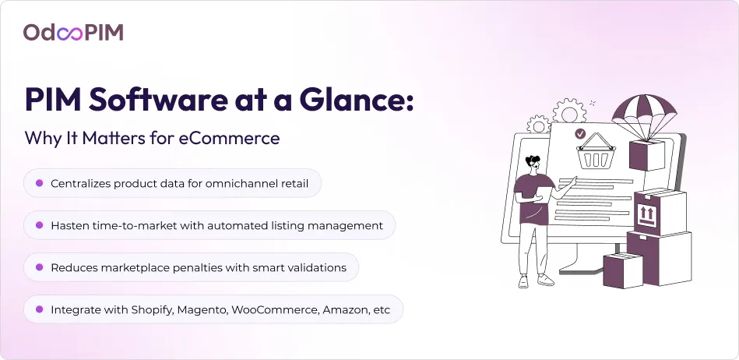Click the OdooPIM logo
coord(73,33)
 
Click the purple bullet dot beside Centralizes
coord(39,183)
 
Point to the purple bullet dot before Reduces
coord(39,267)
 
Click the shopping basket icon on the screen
coord(596,151)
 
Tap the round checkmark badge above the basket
coord(580,134)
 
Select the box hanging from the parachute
coord(647,154)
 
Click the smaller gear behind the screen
coord(539,125)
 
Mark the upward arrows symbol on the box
coord(646,215)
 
